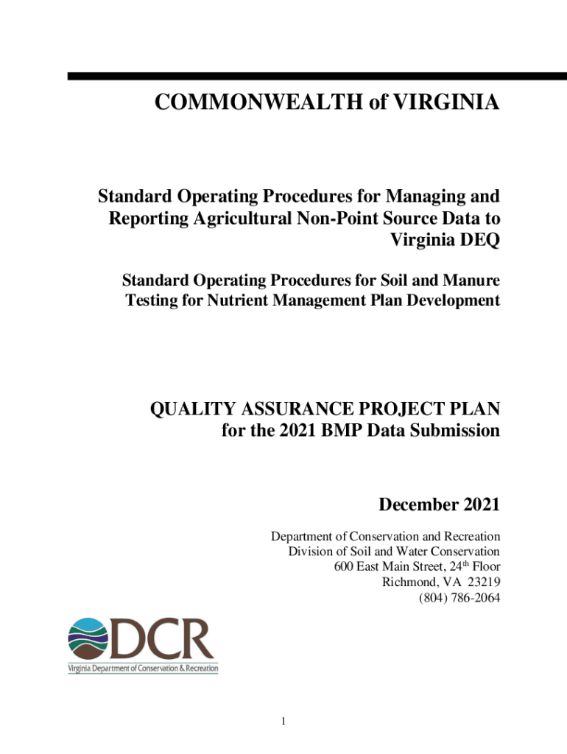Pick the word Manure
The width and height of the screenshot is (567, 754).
(470, 281)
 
